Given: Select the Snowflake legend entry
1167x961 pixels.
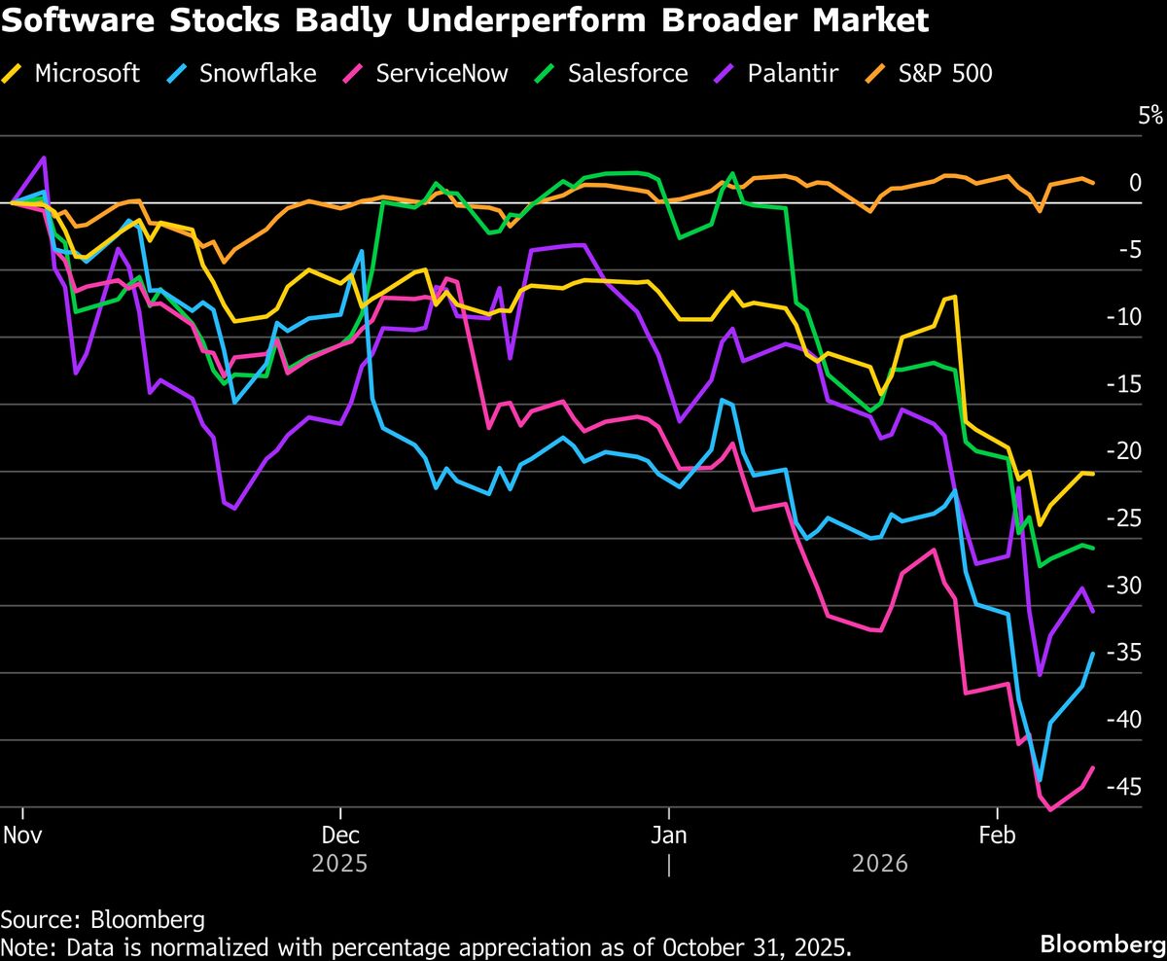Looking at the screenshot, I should pyautogui.click(x=258, y=73).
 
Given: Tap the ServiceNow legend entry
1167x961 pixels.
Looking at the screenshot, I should pyautogui.click(x=442, y=73).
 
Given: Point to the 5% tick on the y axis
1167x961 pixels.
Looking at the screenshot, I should pyautogui.click(x=1150, y=117).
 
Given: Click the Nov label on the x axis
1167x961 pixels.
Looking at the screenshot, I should pyautogui.click(x=21, y=836).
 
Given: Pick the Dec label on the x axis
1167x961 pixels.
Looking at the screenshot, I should pyautogui.click(x=340, y=836).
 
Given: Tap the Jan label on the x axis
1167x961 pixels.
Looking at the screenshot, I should pyautogui.click(x=668, y=836).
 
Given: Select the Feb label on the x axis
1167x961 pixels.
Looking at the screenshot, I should pyautogui.click(x=997, y=836).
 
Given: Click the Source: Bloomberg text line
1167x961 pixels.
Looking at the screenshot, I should pyautogui.click(x=102, y=919).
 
